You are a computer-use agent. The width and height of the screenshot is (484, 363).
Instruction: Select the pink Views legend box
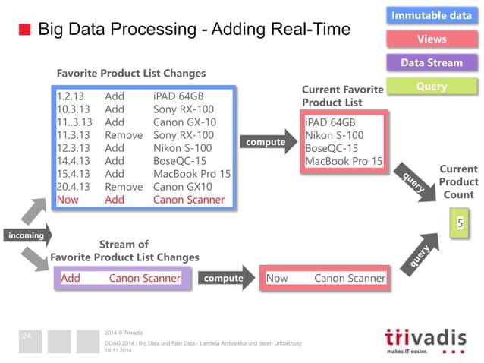click(x=432, y=39)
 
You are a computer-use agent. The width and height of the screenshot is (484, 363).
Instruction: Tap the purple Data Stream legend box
click(x=432, y=62)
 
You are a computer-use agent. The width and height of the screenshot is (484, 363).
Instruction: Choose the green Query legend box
click(x=432, y=87)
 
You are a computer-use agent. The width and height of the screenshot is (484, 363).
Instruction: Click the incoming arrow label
click(x=25, y=236)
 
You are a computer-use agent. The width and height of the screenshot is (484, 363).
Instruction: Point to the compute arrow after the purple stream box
click(x=225, y=279)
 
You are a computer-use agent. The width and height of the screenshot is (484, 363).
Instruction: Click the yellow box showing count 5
click(x=459, y=224)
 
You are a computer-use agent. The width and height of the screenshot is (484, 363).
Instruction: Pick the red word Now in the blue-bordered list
click(x=68, y=200)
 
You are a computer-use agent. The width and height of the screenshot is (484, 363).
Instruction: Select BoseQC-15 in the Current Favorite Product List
click(x=332, y=148)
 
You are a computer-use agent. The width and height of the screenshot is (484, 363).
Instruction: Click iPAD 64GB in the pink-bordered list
click(x=329, y=122)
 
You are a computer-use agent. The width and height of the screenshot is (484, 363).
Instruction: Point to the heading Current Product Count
click(x=459, y=182)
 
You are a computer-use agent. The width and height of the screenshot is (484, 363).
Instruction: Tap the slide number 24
click(x=27, y=336)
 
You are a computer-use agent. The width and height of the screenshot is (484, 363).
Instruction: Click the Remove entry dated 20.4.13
click(x=124, y=187)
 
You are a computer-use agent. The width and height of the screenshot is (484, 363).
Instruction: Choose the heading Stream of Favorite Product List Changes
click(x=124, y=251)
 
